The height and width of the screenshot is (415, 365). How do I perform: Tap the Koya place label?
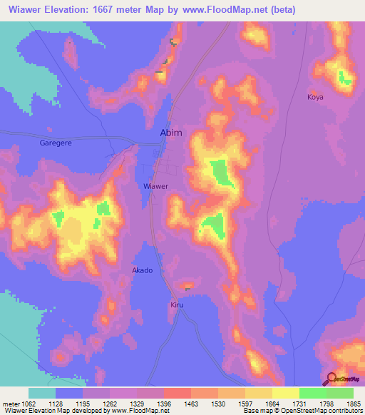click(x=315, y=96)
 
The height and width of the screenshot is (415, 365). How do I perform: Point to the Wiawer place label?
click(x=156, y=186)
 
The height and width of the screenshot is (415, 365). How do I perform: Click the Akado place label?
click(x=143, y=270)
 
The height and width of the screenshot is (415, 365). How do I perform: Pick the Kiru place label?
click(x=178, y=304)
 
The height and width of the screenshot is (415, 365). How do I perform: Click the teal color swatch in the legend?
click(x=42, y=393)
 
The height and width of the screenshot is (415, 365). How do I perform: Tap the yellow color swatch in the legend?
click(x=286, y=393)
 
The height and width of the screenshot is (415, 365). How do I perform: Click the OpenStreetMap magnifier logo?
click(x=331, y=378)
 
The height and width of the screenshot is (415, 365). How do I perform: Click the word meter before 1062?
click(x=12, y=404)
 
